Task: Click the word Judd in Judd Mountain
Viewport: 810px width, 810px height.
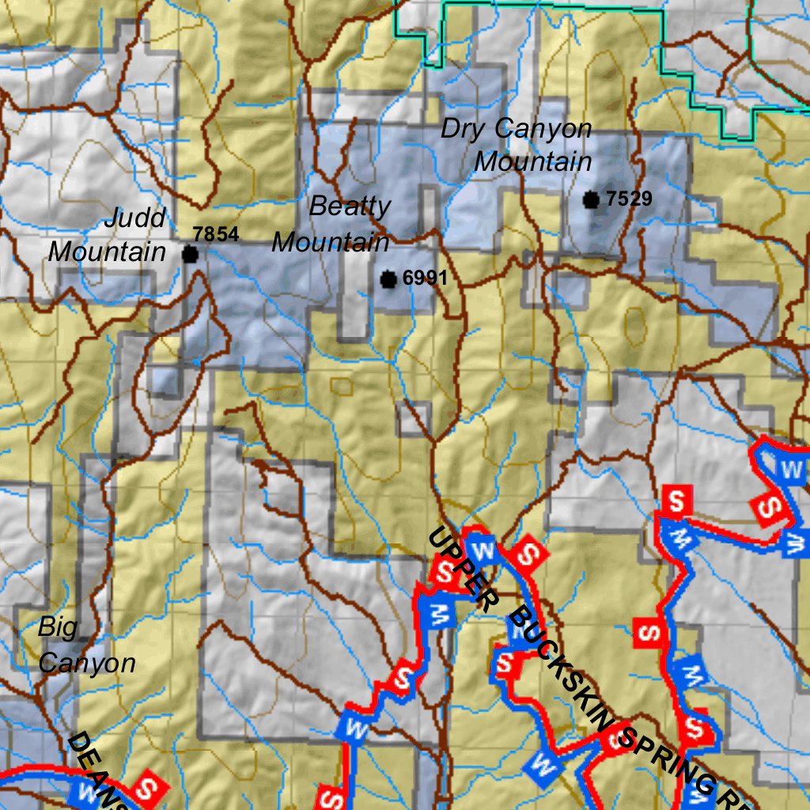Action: [x=135, y=218]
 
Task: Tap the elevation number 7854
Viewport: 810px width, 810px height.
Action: [x=215, y=234]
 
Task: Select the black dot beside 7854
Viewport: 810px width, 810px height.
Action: [x=190, y=254]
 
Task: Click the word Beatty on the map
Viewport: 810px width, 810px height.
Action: [x=350, y=206]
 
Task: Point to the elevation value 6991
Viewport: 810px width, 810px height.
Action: [x=425, y=278]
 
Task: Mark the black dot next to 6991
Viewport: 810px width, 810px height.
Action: [x=388, y=279]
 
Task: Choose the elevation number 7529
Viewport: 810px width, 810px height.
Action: [x=629, y=199]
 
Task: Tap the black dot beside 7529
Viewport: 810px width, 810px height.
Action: [x=591, y=200]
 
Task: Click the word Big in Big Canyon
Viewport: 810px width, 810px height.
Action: [x=58, y=628]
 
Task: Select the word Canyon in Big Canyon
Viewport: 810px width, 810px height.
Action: [x=87, y=663]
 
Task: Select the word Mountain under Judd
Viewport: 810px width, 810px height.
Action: [x=108, y=252]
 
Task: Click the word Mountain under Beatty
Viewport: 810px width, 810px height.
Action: [x=331, y=241]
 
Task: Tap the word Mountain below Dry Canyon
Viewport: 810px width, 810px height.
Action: [x=533, y=161]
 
